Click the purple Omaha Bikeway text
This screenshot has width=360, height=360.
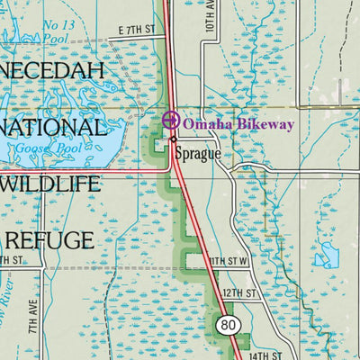pyautogui.click(x=238, y=123)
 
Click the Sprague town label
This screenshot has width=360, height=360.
pyautogui.click(x=198, y=153)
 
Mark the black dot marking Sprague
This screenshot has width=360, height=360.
pyautogui.click(x=173, y=140)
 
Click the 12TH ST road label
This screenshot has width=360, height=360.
pyautogui.click(x=240, y=293)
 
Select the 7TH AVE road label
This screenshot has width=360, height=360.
pyautogui.click(x=32, y=321)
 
